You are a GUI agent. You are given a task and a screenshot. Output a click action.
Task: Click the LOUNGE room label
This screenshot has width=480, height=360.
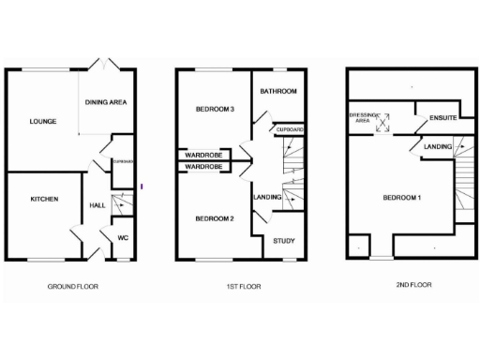click(x=42, y=121)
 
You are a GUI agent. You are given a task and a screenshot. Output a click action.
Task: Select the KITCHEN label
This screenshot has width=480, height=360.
click(x=44, y=200)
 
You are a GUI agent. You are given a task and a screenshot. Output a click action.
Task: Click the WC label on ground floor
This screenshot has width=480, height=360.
click(x=122, y=237)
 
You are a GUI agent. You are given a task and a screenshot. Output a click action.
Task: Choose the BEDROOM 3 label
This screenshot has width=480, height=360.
click(x=214, y=110)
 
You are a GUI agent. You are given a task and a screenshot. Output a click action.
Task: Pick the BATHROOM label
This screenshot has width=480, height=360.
click(x=278, y=91)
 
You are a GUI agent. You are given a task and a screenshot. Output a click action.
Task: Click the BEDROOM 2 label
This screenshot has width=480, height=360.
click(x=214, y=218)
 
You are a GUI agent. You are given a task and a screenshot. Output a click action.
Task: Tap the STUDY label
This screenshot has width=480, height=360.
click(x=283, y=242)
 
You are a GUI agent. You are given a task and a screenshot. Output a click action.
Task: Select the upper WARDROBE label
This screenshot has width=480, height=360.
click(x=203, y=154)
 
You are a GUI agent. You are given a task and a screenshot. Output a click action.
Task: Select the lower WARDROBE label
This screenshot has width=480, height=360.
click(x=203, y=166)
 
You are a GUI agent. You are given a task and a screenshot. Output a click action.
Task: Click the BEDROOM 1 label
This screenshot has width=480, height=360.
click(x=402, y=198)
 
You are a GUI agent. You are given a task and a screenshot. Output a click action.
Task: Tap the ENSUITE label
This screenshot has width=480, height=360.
click(x=442, y=118)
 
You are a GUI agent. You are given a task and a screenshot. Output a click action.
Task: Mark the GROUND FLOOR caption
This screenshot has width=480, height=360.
click(x=72, y=286)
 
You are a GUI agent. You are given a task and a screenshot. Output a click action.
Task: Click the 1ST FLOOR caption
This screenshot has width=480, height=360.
click(x=243, y=286)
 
